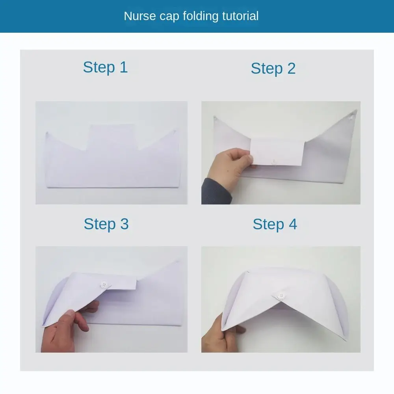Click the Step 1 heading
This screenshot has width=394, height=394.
[105, 67]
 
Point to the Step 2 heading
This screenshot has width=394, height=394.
[273, 69]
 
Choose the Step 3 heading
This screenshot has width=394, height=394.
[106, 224]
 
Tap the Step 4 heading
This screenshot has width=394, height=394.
[275, 224]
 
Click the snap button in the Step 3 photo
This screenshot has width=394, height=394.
[104, 284]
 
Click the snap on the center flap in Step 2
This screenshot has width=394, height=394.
[275, 162]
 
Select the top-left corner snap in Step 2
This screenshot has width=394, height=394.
[216, 118]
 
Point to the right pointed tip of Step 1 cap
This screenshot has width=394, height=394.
[175, 130]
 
